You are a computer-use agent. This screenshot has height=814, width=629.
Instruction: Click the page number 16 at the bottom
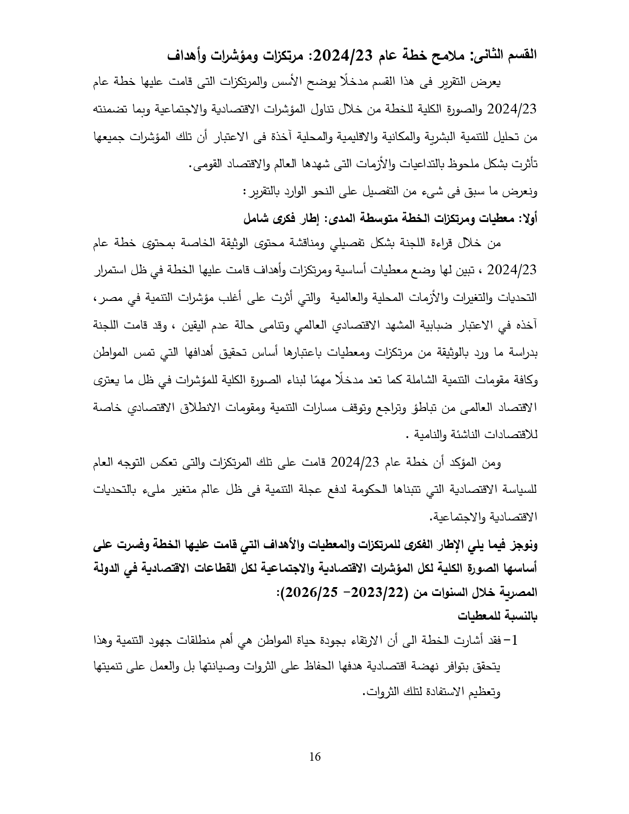pos(315,757)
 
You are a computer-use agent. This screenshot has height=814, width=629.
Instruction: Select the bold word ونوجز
pos(524,546)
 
